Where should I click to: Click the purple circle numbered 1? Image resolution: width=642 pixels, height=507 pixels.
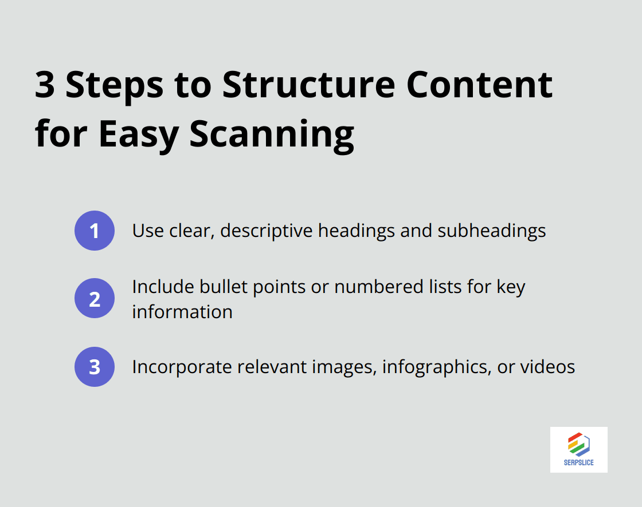pyautogui.click(x=95, y=231)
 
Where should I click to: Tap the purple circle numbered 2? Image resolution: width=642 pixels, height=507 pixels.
pyautogui.click(x=95, y=299)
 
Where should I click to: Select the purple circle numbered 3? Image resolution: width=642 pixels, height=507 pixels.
pyautogui.click(x=95, y=367)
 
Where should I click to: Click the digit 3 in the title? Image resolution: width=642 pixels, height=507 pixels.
pyautogui.click(x=45, y=85)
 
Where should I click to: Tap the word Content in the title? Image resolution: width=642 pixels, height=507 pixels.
pyautogui.click(x=479, y=85)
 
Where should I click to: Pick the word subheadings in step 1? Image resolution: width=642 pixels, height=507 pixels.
pyautogui.click(x=491, y=231)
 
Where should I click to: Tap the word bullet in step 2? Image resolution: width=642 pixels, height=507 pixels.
pyautogui.click(x=217, y=287)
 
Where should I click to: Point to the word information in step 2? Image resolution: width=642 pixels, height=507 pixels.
pyautogui.click(x=182, y=311)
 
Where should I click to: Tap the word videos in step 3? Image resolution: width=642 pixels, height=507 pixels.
pyautogui.click(x=547, y=366)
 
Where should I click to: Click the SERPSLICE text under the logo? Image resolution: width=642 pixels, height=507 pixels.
pyautogui.click(x=578, y=462)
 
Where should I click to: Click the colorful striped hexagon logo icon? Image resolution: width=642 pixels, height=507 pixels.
pyautogui.click(x=578, y=444)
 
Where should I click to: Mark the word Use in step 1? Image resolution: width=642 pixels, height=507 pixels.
pyautogui.click(x=147, y=231)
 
